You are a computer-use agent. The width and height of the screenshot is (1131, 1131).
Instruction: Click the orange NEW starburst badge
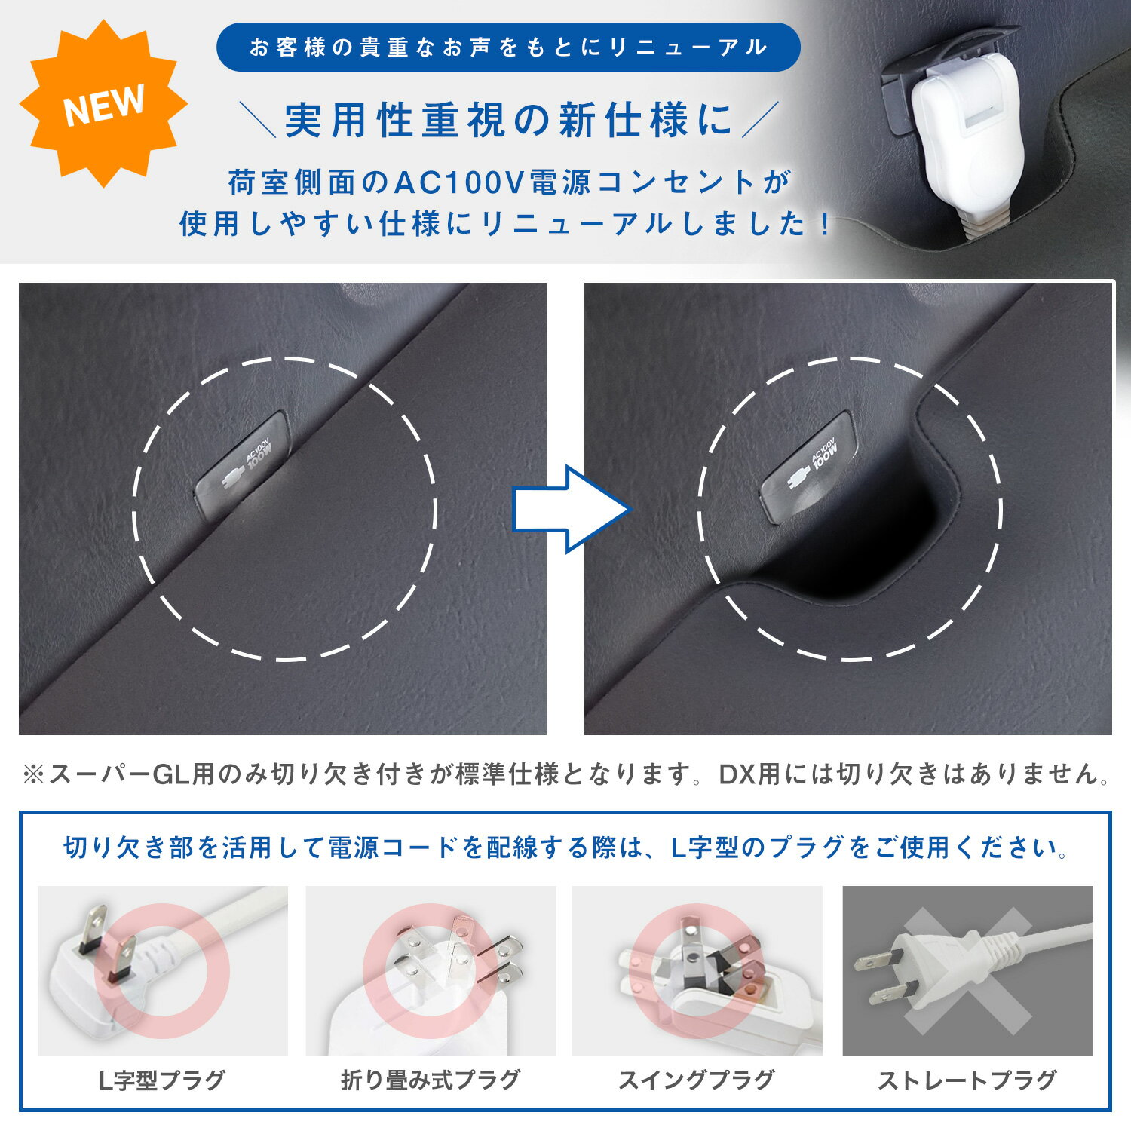point(103,104)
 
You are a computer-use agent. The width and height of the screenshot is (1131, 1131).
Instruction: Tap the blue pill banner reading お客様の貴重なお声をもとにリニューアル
point(508,48)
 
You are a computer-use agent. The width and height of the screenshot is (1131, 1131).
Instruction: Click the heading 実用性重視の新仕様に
point(509,121)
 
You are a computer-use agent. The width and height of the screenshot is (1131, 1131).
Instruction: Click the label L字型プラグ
point(162,1080)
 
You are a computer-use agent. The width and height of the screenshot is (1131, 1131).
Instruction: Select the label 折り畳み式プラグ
point(431,1080)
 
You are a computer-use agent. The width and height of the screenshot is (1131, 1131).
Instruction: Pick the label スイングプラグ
point(696,1080)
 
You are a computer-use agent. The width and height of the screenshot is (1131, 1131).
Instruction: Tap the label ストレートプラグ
point(967,1080)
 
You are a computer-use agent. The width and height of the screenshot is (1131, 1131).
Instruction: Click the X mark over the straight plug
point(967,970)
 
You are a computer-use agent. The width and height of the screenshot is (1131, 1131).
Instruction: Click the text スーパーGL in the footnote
point(120,774)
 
